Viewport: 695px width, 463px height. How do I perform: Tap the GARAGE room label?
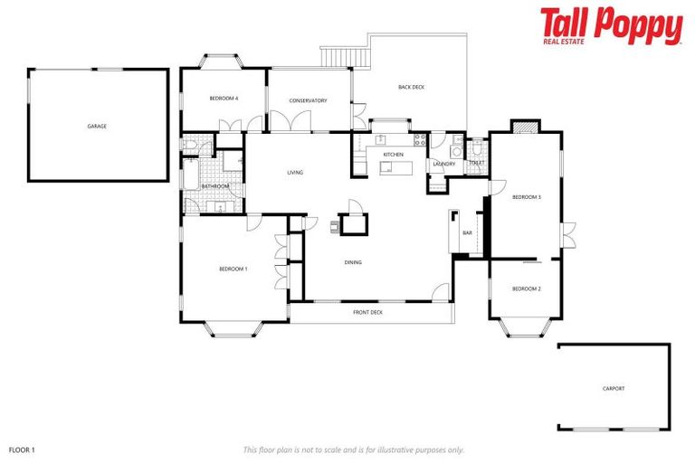click(x=97, y=126)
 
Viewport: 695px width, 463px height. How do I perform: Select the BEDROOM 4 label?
click(x=224, y=98)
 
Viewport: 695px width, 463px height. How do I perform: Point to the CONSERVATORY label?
click(x=308, y=100)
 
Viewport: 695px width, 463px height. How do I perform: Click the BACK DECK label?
click(x=411, y=87)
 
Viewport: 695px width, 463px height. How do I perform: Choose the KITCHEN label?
click(x=393, y=155)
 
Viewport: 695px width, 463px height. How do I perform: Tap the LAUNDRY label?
click(x=443, y=164)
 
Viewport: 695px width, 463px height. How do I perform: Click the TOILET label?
click(x=476, y=163)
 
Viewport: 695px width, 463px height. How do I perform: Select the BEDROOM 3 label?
click(x=526, y=196)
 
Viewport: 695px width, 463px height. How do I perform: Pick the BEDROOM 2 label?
click(x=526, y=288)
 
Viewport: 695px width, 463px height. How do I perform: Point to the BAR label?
click(x=468, y=233)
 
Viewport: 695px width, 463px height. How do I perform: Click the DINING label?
click(x=353, y=262)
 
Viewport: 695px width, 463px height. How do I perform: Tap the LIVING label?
click(x=295, y=172)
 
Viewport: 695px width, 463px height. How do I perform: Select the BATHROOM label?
click(x=215, y=186)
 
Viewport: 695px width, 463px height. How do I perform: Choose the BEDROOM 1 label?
click(x=233, y=269)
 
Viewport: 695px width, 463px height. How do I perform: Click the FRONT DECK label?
click(x=367, y=312)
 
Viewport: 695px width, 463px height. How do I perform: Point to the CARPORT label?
click(x=614, y=389)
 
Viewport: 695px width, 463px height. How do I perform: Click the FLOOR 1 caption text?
click(x=21, y=449)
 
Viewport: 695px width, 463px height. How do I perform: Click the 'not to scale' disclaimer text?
click(x=353, y=449)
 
